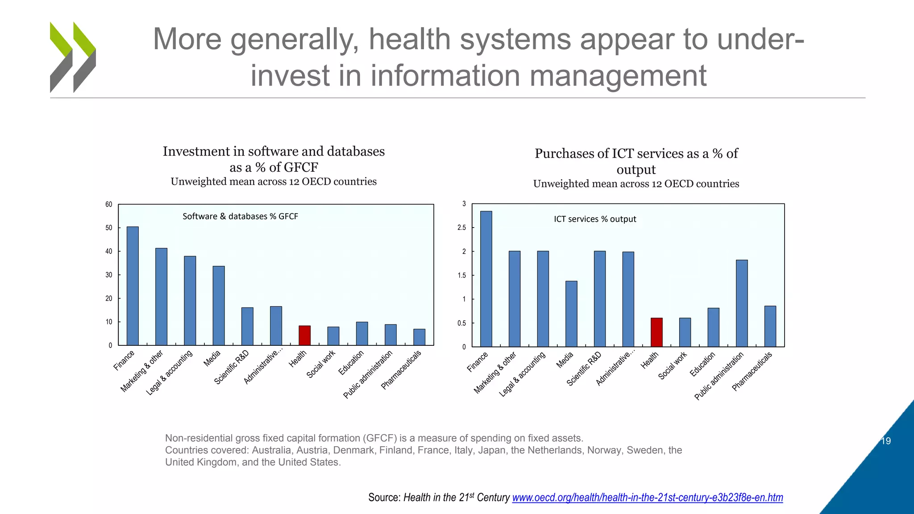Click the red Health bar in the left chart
pyautogui.click(x=304, y=336)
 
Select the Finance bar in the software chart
pyautogui.click(x=133, y=286)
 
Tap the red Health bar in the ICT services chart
pyautogui.click(x=656, y=332)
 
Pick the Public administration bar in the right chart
pyautogui.click(x=742, y=303)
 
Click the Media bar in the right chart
pyautogui.click(x=571, y=314)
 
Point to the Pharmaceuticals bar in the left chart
pyautogui.click(x=419, y=337)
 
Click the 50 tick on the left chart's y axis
pyautogui.click(x=109, y=228)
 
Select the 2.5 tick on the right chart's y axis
pyautogui.click(x=461, y=228)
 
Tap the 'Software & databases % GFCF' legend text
pyautogui.click(x=240, y=216)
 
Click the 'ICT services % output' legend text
pyautogui.click(x=595, y=219)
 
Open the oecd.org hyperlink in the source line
pyautogui.click(x=647, y=497)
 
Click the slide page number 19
pyautogui.click(x=886, y=441)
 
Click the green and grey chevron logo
pyautogui.click(x=73, y=57)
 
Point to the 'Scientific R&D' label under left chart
pyautogui.click(x=232, y=368)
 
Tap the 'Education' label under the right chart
pyautogui.click(x=702, y=365)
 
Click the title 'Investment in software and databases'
pyautogui.click(x=274, y=151)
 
